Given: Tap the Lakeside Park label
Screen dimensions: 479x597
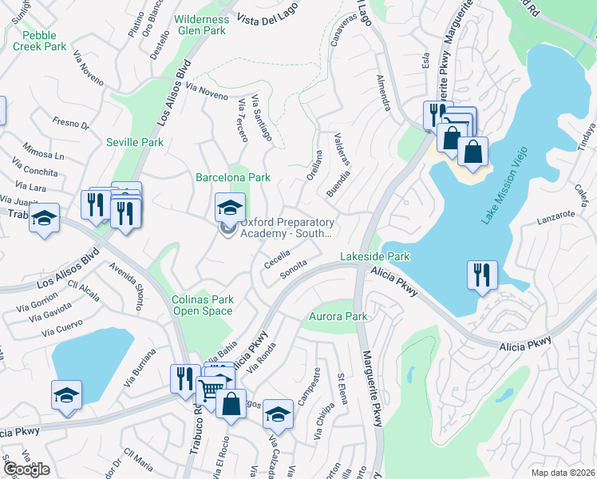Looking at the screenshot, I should click(x=374, y=256).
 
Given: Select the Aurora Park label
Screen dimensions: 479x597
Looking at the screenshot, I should click(x=338, y=317).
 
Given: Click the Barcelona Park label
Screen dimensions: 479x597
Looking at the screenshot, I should click(x=233, y=177).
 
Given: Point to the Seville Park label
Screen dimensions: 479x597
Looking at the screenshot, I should click(x=135, y=142).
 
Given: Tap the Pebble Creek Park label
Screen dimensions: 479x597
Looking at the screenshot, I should click(x=45, y=41).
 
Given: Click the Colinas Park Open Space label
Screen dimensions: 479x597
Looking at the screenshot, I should click(x=204, y=305).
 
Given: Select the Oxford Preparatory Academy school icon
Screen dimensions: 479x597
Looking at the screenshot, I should click(x=230, y=208).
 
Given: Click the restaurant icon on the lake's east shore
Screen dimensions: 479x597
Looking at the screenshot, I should click(x=482, y=275).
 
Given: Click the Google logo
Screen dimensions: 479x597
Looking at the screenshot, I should click(x=26, y=469).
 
